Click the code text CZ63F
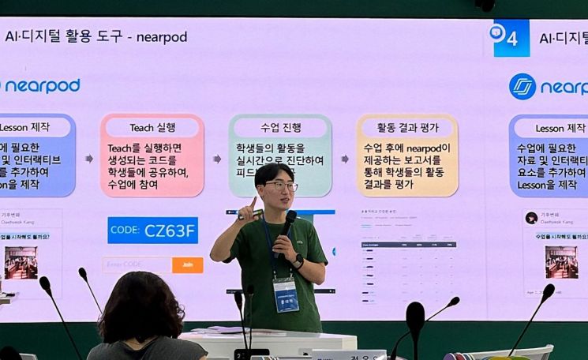169,231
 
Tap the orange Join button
188,265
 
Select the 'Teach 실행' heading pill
152,127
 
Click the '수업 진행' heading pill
281,127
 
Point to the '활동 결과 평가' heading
407,127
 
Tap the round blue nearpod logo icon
522,86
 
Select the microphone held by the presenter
288,222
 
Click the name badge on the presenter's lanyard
286,293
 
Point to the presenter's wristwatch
299,261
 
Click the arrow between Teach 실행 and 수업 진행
217,159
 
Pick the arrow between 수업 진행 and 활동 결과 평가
345,159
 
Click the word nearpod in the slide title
161,37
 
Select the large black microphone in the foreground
415,319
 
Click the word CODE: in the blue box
125,231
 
